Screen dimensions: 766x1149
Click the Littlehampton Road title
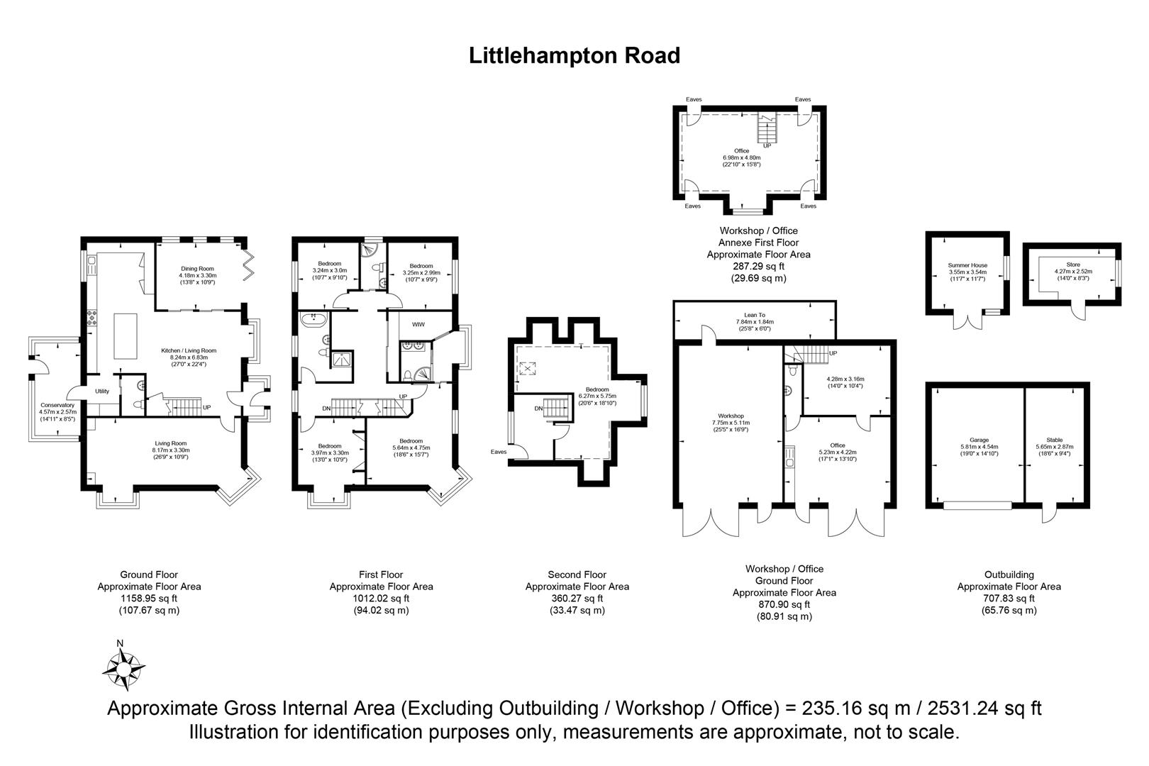coord(574,56)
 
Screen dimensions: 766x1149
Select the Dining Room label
coord(196,269)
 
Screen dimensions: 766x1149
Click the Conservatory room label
coord(57,405)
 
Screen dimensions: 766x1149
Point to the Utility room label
coord(102,391)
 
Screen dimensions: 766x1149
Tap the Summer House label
coord(967,265)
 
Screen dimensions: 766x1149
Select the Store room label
coord(1073,265)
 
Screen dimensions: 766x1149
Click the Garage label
coord(979,440)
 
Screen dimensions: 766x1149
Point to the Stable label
coord(1055,440)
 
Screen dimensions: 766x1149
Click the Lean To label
coord(754,315)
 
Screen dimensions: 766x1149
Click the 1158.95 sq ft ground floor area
coord(149,598)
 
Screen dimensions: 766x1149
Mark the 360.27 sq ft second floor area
coord(577,598)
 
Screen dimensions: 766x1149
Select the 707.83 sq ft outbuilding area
coord(1009,598)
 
